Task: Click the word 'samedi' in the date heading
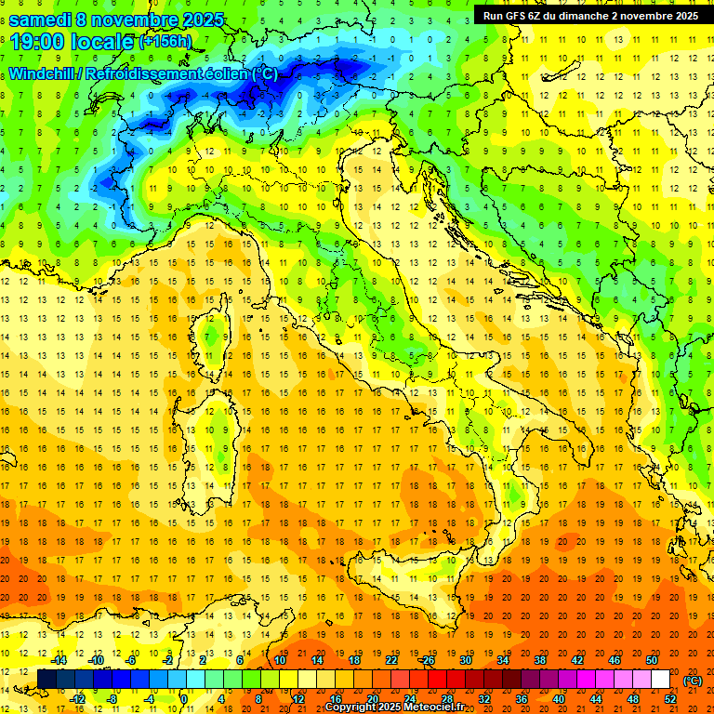(41, 19)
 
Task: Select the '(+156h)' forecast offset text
(165, 42)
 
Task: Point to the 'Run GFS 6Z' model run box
(590, 15)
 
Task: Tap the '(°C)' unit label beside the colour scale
(693, 681)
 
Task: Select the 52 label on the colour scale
(670, 698)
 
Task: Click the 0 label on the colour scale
(184, 698)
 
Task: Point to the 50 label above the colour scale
(652, 660)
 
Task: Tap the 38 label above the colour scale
(539, 660)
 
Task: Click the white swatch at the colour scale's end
(661, 679)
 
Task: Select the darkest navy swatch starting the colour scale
(46, 679)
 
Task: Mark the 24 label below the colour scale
(409, 698)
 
